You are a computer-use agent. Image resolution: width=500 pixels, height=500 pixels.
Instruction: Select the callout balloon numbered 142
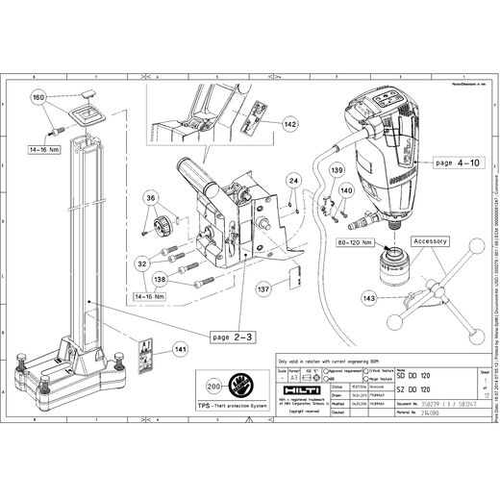(x=290, y=124)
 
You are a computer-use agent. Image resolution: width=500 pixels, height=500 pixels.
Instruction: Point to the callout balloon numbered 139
(x=336, y=169)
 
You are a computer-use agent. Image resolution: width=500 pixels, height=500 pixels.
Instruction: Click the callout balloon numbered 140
(x=346, y=189)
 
